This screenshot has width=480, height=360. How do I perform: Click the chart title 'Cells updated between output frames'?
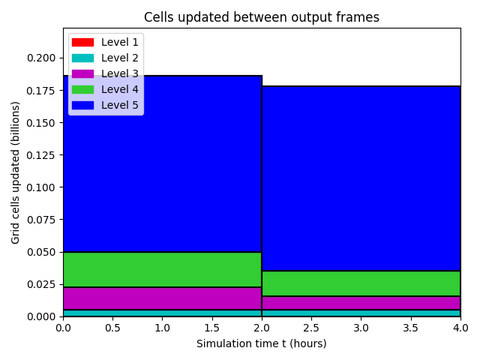[x=262, y=17]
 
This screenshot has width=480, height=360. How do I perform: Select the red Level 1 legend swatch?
[x=82, y=42]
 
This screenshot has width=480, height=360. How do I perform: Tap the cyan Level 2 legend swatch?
[x=82, y=58]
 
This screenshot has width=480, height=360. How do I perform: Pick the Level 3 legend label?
[x=120, y=73]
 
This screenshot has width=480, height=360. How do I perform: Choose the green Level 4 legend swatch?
[x=82, y=89]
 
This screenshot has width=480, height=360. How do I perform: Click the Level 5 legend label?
[x=120, y=105]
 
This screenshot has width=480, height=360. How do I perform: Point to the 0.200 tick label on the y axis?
[x=41, y=58]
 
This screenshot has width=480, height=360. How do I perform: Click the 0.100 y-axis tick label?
[x=41, y=187]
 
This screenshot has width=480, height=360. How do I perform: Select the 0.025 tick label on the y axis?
[x=41, y=284]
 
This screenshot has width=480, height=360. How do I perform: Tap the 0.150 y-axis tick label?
[x=41, y=123]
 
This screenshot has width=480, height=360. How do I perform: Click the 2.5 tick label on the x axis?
[x=311, y=328]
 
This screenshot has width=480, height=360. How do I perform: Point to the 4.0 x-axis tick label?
[x=460, y=328]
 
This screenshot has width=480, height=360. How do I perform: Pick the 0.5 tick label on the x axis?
[x=112, y=328]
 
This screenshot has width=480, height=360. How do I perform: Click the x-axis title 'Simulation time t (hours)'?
[x=262, y=343]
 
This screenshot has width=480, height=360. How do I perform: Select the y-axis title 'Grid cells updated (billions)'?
[x=15, y=173]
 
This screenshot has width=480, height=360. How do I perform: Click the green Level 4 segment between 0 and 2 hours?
[x=163, y=270]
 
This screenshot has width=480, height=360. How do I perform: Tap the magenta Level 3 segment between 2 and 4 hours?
[x=361, y=303]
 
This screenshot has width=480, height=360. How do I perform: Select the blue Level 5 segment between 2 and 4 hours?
[x=361, y=178]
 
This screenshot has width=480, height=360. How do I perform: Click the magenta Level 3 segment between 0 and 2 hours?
[x=163, y=298]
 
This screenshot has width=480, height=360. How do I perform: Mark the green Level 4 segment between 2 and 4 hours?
[x=361, y=283]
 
